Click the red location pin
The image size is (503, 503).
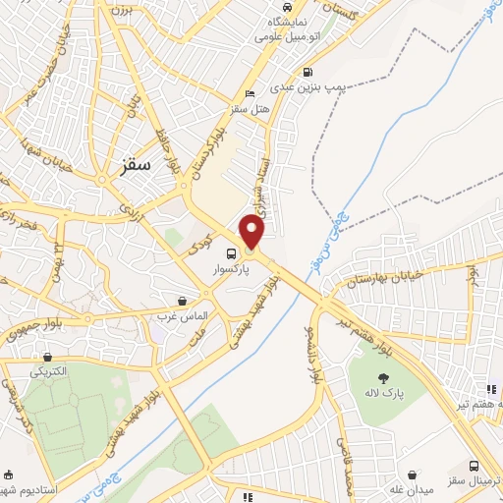252,231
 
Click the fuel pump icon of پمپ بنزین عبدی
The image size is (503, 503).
308,71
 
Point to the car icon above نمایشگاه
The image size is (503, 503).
272,20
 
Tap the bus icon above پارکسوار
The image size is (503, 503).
230,251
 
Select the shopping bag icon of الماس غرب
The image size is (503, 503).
182,301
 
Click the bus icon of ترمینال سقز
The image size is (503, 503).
475,466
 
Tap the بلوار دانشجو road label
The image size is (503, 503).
313,349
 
